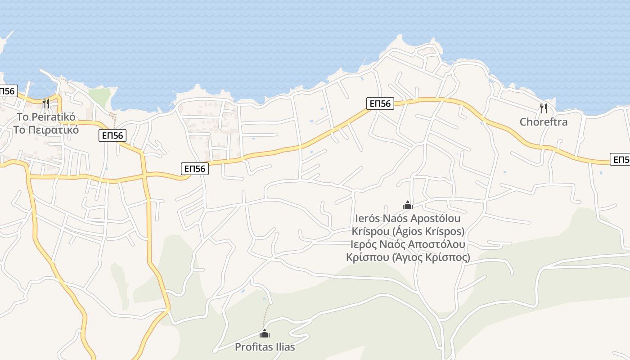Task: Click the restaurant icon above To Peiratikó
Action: [x=45, y=103]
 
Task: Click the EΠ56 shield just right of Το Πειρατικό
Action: [x=112, y=135]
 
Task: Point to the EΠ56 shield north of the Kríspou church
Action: [x=380, y=103]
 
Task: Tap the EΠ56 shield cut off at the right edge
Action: [x=620, y=159]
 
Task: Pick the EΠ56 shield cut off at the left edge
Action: [x=8, y=91]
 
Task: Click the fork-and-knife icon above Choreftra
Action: [x=544, y=108]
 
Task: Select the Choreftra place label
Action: [x=544, y=122]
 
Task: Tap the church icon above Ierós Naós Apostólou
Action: [x=408, y=205]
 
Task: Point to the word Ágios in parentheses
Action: [x=408, y=232]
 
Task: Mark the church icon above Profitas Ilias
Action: [x=265, y=333]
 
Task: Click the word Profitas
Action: [x=252, y=347]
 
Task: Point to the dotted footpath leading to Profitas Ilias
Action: [x=267, y=315]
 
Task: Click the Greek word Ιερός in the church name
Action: [x=365, y=244]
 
